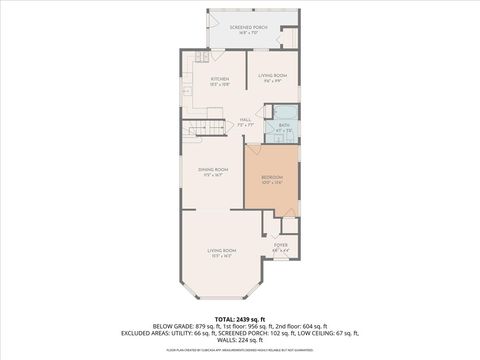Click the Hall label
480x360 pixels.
pos(245,121)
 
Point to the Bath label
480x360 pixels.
pos(284,126)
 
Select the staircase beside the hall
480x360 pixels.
pos(207,127)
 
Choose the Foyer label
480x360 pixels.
pos(281,245)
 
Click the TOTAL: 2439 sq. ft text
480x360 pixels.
pos(240,317)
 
